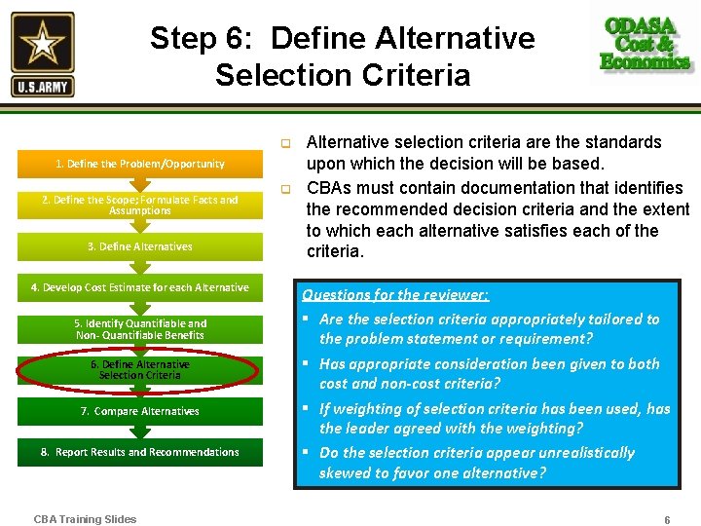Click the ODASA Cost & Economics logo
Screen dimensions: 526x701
pos(646,44)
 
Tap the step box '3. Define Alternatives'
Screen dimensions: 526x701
pos(140,246)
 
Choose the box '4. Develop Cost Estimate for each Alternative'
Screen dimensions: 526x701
pos(140,287)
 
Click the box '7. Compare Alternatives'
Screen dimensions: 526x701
pos(140,411)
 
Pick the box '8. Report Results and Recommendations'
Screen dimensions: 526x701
pos(140,452)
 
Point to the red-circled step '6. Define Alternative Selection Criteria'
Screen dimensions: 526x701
pos(140,370)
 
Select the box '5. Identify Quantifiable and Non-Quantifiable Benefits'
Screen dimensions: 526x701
pos(140,329)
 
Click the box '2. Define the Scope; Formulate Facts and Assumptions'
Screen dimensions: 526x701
pos(140,205)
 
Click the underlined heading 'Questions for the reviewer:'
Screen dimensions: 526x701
pos(395,294)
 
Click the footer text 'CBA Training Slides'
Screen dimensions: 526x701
pos(85,519)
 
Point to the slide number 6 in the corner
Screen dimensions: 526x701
pos(667,520)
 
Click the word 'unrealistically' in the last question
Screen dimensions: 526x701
pos(584,453)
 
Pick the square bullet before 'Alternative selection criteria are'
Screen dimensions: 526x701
pos(287,144)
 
